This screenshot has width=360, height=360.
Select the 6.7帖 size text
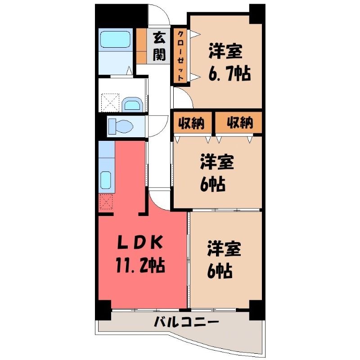(229, 73)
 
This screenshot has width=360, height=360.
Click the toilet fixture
(121, 126)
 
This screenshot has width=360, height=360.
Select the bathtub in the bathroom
(115, 39)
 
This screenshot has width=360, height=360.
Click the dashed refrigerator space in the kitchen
(106, 202)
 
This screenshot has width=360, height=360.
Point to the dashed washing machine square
(110, 103)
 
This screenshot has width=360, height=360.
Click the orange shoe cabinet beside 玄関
(141, 46)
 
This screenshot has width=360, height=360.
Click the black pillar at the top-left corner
(121, 16)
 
